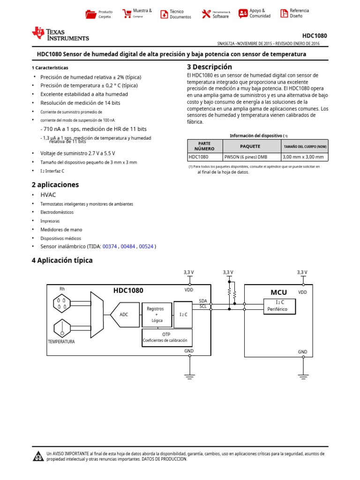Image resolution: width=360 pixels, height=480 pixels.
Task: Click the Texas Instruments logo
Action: pyautogui.click(x=60, y=33)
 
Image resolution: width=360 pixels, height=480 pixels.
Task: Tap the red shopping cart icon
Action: pyautogui.click(x=127, y=14)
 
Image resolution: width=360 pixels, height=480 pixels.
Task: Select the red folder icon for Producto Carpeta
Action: pyautogui.click(x=91, y=14)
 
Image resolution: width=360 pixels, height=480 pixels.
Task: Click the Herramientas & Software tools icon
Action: pyautogui.click(x=206, y=14)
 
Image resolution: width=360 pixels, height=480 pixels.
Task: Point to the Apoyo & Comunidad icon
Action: pyautogui.click(x=243, y=14)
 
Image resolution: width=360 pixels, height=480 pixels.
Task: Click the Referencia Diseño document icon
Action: pyautogui.click(x=284, y=14)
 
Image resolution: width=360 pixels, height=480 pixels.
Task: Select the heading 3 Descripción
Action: pyautogui.click(x=209, y=67)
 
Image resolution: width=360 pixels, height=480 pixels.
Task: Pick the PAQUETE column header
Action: pyautogui.click(x=250, y=146)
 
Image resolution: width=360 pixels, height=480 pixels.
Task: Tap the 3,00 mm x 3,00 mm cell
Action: pyautogui.click(x=304, y=157)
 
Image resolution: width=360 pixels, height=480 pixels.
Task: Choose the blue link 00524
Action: pyautogui.click(x=147, y=247)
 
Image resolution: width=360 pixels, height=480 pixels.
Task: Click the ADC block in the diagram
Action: pyautogui.click(x=124, y=315)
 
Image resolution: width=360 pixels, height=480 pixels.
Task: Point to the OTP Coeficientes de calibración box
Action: pyautogui.click(x=167, y=337)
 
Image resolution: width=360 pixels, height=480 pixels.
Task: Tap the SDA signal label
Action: pyautogui.click(x=202, y=301)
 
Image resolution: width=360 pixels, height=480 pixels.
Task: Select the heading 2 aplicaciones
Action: pyautogui.click(x=55, y=185)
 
